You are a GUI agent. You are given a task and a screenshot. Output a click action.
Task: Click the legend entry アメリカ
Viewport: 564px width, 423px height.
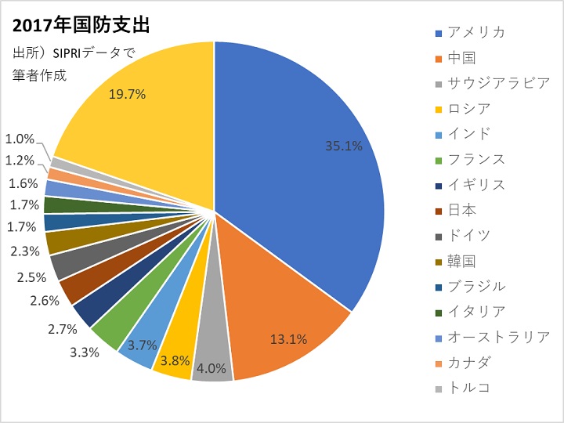476,32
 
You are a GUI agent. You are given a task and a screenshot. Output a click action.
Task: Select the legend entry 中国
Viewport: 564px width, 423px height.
461,57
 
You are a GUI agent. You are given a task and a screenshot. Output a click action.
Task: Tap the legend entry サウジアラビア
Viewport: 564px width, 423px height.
498,83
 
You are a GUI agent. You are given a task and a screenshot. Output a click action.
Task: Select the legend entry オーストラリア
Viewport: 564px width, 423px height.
498,337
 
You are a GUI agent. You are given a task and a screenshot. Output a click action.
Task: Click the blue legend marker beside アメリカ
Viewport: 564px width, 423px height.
439,33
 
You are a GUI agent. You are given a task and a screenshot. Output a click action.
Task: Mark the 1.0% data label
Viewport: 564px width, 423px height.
20,139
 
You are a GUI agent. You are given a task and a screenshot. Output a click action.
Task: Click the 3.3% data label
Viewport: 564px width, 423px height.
85,352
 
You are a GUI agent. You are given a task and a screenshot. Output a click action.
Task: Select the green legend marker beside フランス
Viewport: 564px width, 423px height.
439,160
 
